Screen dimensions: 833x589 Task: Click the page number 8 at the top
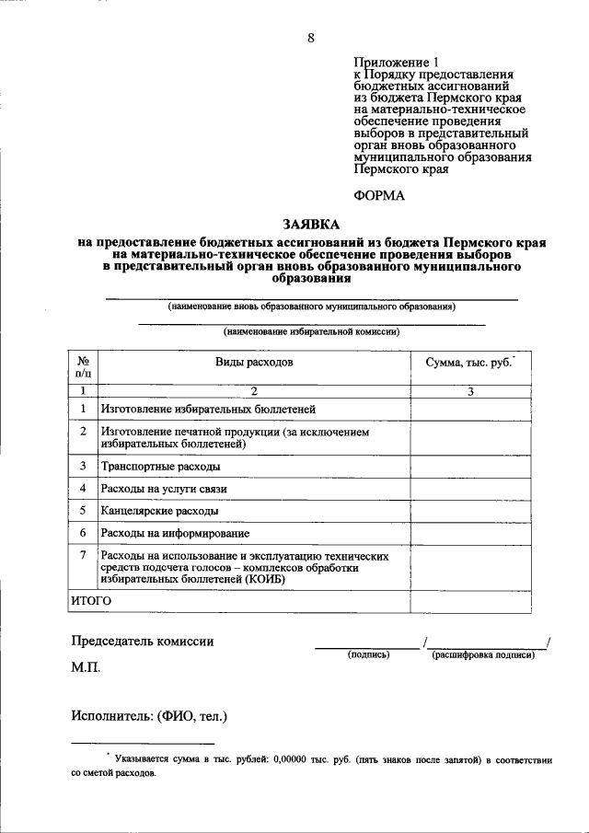pyautogui.click(x=311, y=38)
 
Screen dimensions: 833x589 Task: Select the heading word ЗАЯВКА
pyautogui.click(x=311, y=224)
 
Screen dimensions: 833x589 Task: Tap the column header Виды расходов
pyautogui.click(x=254, y=363)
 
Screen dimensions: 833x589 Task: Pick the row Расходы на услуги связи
pyautogui.click(x=164, y=488)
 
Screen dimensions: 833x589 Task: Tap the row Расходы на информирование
pyautogui.click(x=175, y=532)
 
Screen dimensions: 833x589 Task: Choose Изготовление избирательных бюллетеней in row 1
pyautogui.click(x=208, y=409)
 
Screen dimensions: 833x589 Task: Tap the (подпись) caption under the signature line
pyautogui.click(x=368, y=655)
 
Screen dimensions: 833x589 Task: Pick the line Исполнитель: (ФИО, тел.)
pyautogui.click(x=148, y=715)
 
